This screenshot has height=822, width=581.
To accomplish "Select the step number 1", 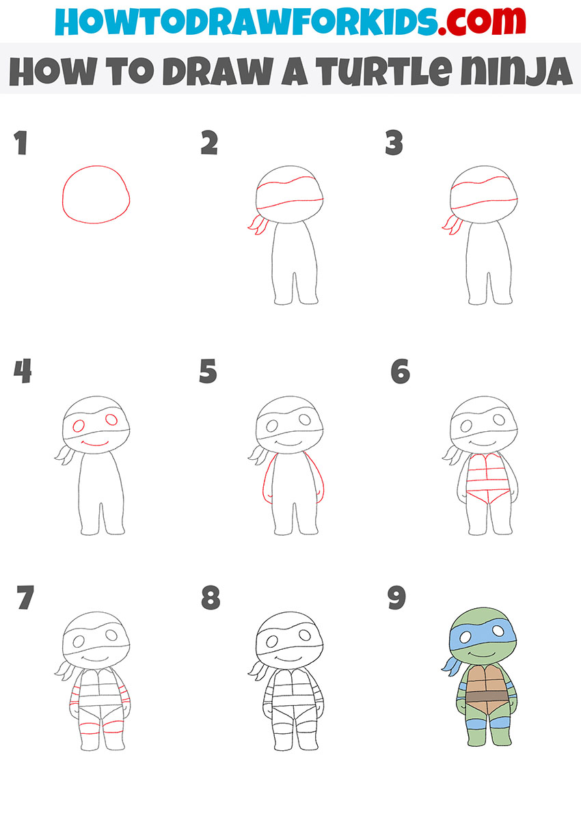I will point(21,144).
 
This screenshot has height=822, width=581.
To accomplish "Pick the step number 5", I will point(208,372).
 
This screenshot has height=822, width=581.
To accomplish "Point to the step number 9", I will point(396,598).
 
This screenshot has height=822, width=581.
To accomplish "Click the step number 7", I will point(25,599).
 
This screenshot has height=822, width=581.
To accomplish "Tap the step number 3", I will point(394,144).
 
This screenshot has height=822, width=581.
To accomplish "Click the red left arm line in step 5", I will point(264,478).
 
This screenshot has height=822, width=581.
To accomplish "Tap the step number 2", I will point(208,144).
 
